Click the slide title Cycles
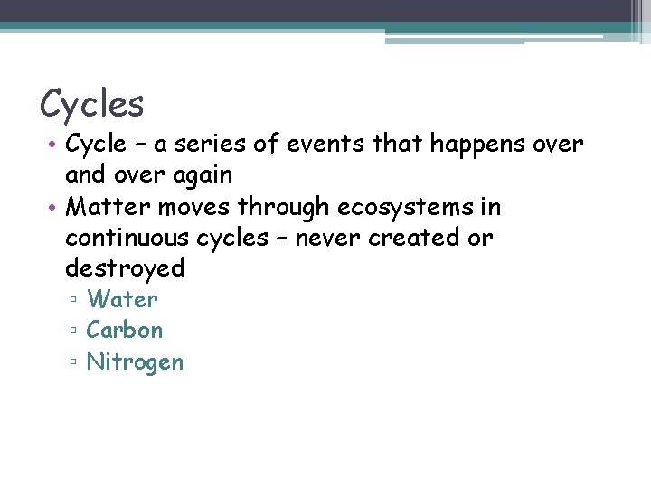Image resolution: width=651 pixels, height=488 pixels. [91, 105]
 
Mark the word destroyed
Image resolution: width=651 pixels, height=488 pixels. [125, 268]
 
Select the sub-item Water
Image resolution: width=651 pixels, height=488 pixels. [122, 299]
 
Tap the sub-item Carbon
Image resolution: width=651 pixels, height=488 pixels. [125, 330]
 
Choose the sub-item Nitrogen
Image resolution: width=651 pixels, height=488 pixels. [135, 361]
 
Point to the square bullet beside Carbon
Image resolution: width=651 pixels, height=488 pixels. [73, 332]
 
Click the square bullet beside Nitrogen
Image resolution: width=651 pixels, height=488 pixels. [73, 363]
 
